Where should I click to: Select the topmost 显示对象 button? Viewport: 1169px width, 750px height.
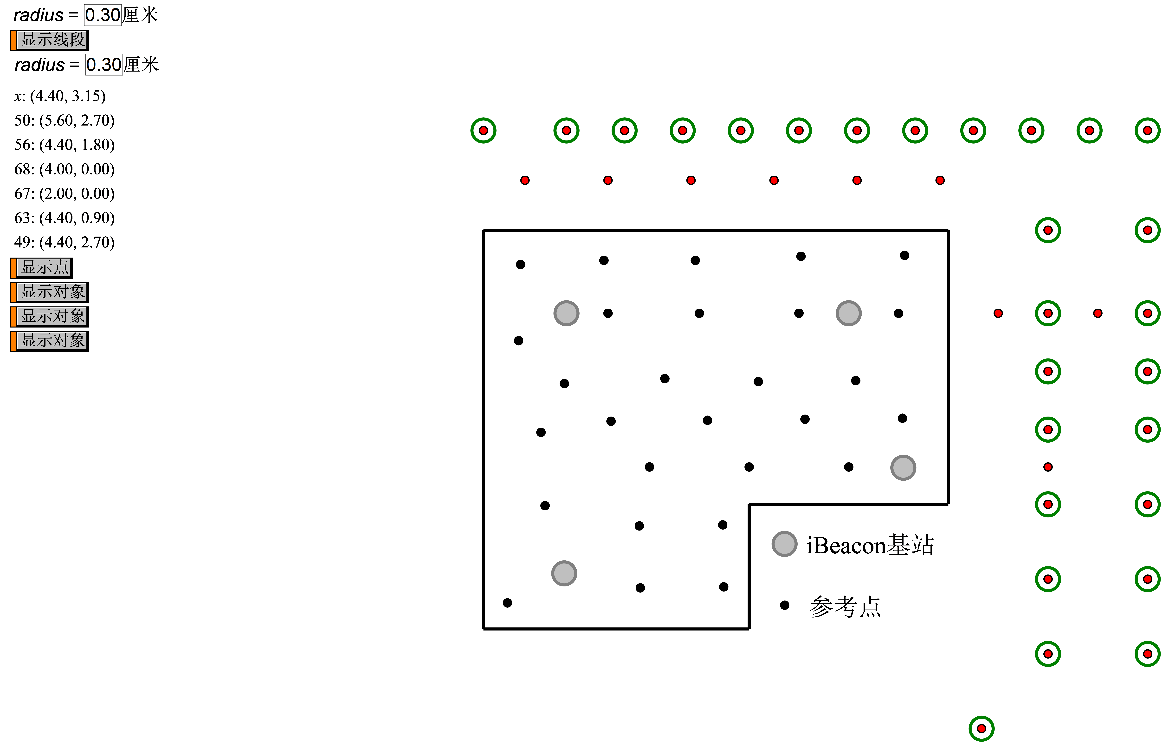tap(52, 292)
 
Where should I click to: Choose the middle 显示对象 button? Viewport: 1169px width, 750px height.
tap(52, 316)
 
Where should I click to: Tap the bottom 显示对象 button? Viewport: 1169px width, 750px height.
tap(52, 340)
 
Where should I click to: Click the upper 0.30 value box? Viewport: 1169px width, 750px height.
tap(103, 15)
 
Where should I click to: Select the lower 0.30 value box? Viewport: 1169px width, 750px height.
tap(104, 65)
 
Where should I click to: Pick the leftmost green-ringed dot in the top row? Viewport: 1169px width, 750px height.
tap(483, 131)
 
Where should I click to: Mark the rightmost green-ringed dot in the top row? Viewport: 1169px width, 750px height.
tap(1148, 131)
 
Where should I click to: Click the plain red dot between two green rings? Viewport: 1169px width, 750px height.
tap(1098, 313)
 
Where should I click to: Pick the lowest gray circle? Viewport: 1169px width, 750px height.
tap(564, 573)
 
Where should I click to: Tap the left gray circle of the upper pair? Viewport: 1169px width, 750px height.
tap(567, 313)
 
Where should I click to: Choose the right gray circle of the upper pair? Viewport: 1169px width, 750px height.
tap(849, 313)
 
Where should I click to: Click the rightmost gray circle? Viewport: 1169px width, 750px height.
tap(903, 468)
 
